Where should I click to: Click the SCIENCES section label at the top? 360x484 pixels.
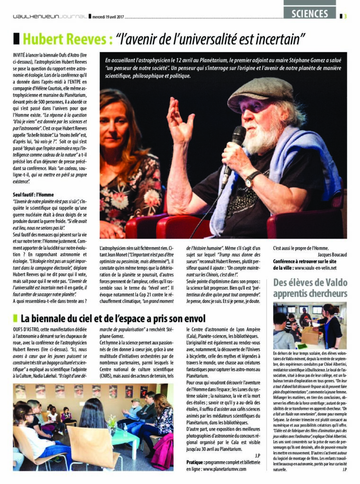309,13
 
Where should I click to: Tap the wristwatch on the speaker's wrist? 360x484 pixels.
252,179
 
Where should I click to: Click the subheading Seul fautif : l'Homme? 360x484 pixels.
34,194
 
